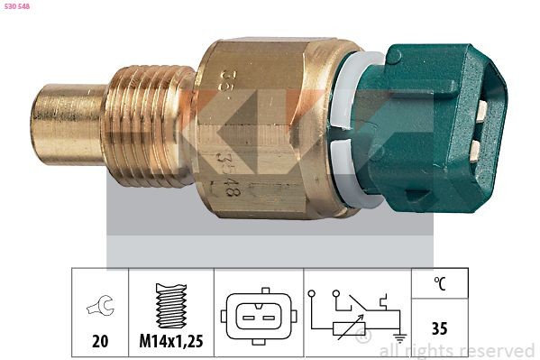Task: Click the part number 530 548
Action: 17,6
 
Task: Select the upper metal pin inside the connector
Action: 481,111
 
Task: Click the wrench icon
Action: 100,308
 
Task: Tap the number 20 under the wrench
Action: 100,341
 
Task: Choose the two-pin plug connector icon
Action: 258,316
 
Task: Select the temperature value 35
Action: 439,328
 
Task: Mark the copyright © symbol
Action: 363,337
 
